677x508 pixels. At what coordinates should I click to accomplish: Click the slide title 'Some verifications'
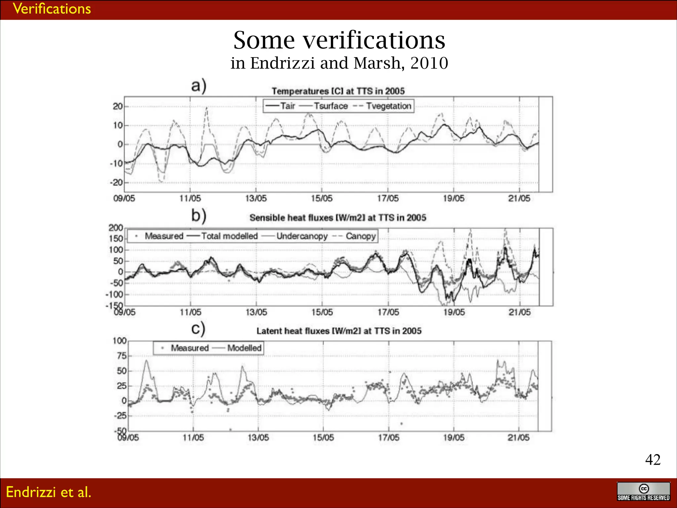(x=339, y=40)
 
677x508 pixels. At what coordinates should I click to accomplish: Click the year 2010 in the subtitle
(x=429, y=63)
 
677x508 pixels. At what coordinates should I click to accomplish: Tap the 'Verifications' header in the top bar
(x=52, y=9)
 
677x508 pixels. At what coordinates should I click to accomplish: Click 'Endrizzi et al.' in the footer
(x=49, y=492)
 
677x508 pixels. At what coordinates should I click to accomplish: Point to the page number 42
(x=653, y=459)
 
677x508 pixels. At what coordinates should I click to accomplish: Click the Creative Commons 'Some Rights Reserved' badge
(x=643, y=491)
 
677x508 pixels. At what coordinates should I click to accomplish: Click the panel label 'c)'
(x=198, y=329)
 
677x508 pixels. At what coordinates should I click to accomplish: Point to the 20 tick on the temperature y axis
(x=117, y=106)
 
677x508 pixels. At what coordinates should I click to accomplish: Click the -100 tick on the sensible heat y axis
(x=114, y=294)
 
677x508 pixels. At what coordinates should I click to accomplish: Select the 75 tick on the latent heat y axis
(x=122, y=356)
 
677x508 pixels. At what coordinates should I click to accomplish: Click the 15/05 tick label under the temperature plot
(x=322, y=198)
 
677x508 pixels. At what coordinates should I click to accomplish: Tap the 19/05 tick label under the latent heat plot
(x=454, y=438)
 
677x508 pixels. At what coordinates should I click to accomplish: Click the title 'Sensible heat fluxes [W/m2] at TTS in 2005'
(x=338, y=218)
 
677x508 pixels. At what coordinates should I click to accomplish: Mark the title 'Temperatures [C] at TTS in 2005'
(x=338, y=91)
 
